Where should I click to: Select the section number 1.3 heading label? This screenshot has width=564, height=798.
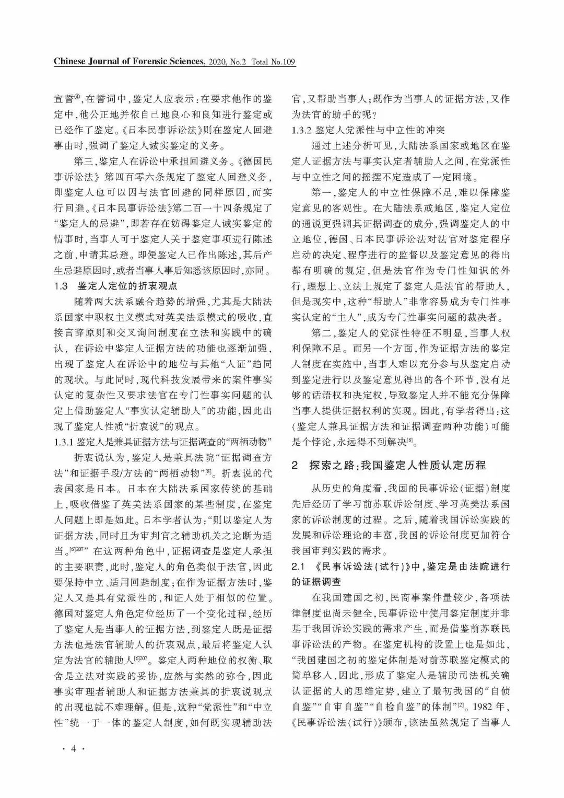(x=61, y=286)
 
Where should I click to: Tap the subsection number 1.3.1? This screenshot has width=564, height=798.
(x=64, y=443)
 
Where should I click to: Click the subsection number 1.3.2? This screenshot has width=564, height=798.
(x=301, y=130)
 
